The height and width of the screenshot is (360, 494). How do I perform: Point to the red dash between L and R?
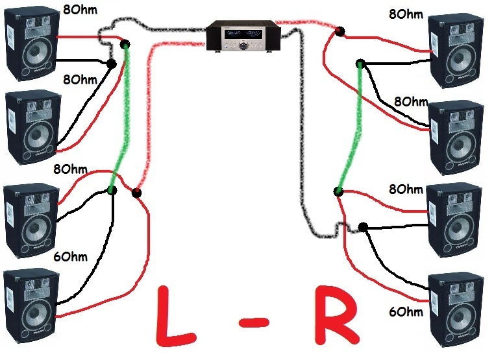pyautogui.click(x=258, y=319)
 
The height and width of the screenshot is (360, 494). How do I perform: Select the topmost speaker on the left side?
pyautogui.click(x=30, y=43)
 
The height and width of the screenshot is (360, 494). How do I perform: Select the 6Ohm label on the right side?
pyautogui.click(x=408, y=312)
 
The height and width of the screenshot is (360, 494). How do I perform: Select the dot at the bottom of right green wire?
pyautogui.click(x=338, y=191)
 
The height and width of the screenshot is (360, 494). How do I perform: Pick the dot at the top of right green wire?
pyautogui.click(x=360, y=64)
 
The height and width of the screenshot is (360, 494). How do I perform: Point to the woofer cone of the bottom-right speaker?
pyautogui.click(x=456, y=320)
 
